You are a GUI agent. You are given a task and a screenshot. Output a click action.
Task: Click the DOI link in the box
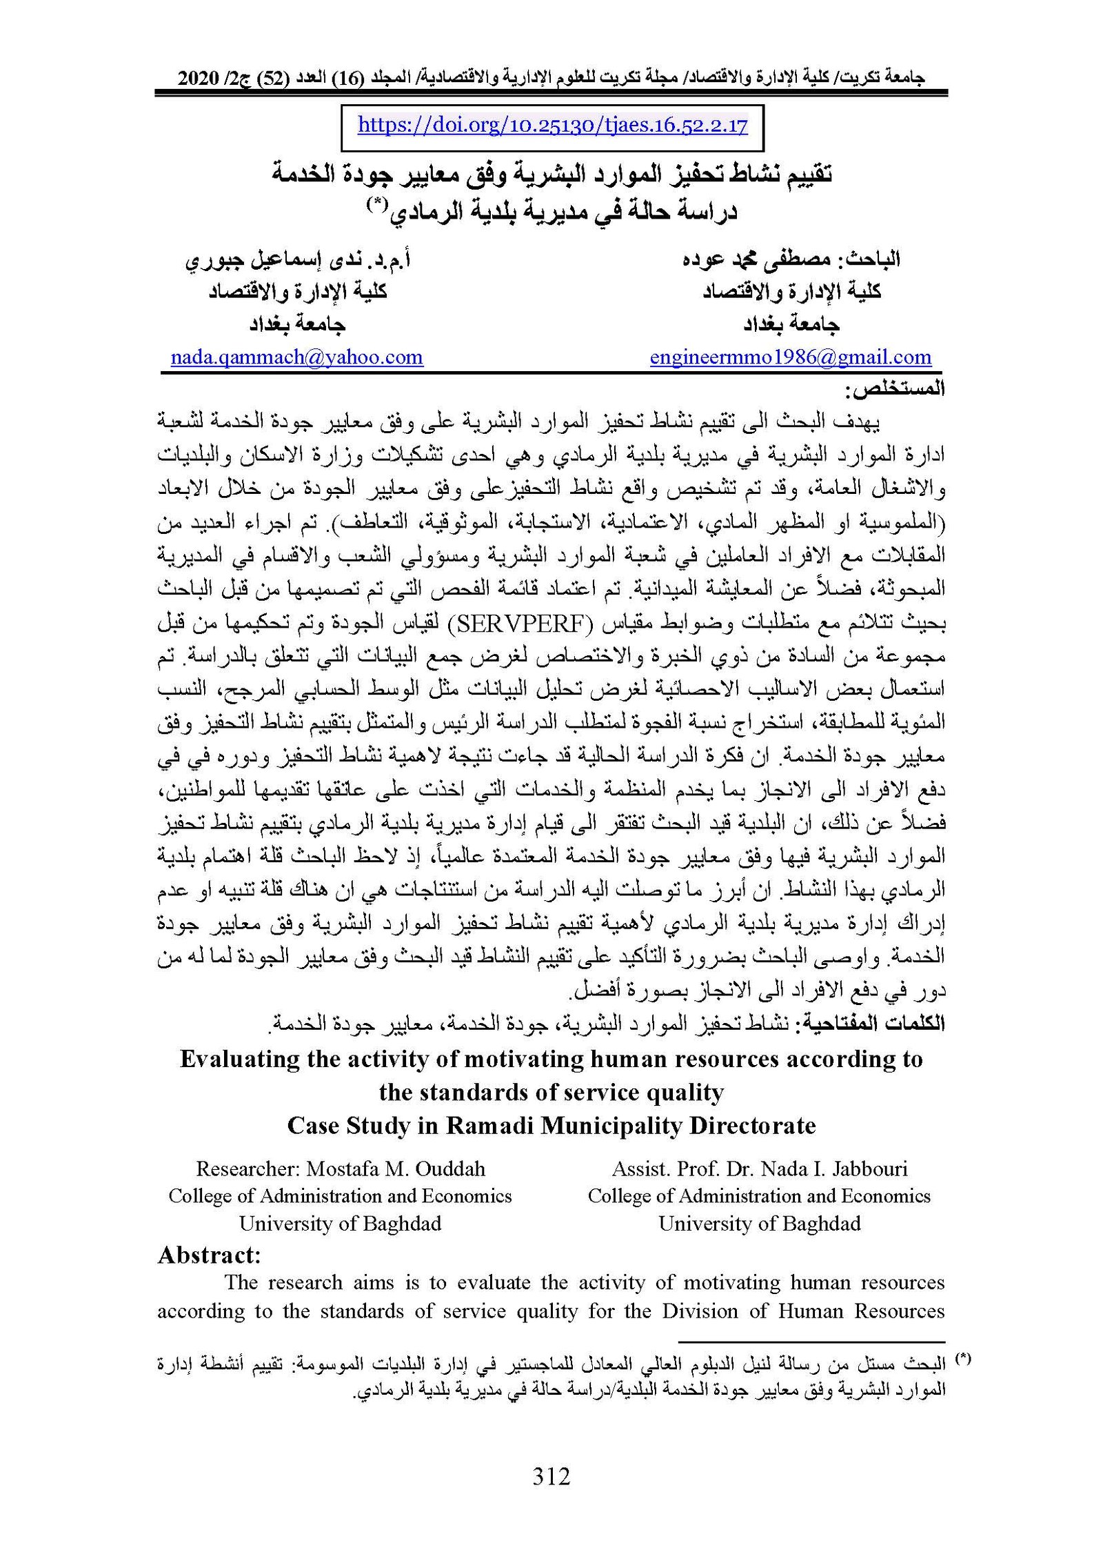[552, 126]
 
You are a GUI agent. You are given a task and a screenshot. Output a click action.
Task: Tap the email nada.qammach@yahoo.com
[296, 357]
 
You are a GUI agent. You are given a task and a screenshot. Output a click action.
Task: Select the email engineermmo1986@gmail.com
[790, 357]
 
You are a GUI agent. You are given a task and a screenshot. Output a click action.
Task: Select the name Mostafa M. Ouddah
[396, 1169]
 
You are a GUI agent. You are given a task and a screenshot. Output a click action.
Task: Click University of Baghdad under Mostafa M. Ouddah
[340, 1224]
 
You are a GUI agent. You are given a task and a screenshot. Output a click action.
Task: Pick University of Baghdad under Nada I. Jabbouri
[759, 1224]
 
